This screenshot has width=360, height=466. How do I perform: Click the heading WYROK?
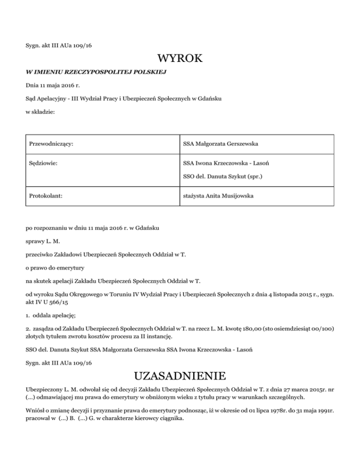[180, 60]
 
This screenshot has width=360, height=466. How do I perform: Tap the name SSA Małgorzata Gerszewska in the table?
[221, 143]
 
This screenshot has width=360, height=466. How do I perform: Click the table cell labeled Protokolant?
[45, 196]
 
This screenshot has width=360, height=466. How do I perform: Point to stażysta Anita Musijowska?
[218, 196]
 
